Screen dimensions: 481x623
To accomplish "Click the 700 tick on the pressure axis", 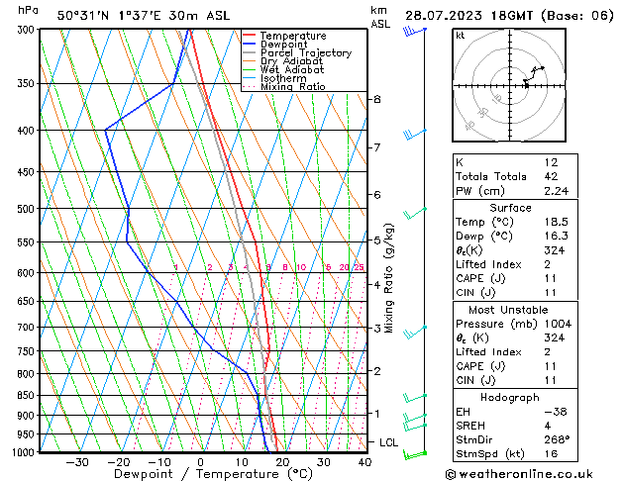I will [x=26, y=328].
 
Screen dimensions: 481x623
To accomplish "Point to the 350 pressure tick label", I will [x=26, y=83].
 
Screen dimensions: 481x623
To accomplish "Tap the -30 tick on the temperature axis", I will [x=77, y=462].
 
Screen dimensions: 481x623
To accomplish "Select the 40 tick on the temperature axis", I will [x=364, y=462].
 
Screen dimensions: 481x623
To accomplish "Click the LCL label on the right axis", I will [x=388, y=442].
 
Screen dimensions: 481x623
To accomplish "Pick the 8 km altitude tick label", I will [x=376, y=100].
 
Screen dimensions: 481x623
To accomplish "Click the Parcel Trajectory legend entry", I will [x=305, y=53].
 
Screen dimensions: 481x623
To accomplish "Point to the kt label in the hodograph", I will [x=461, y=35].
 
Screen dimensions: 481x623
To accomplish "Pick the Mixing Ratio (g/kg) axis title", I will [x=390, y=278].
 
